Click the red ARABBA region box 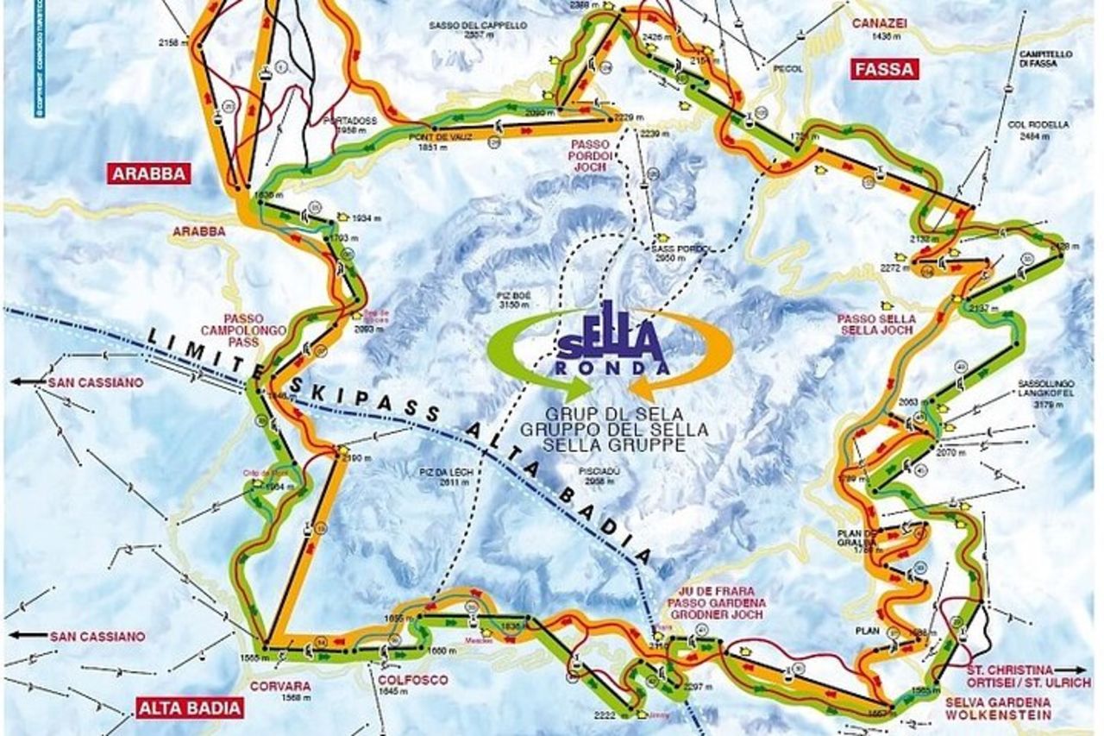[x=148, y=173]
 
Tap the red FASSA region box [x=883, y=69]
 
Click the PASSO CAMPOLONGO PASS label [x=230, y=330]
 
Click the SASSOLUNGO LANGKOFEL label [x=1043, y=386]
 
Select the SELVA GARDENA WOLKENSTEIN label [x=998, y=708]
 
